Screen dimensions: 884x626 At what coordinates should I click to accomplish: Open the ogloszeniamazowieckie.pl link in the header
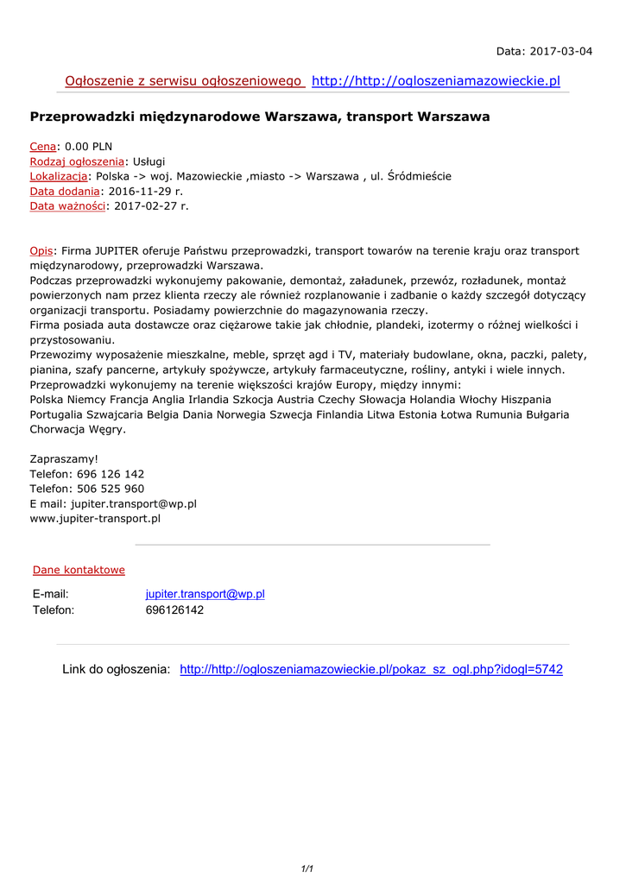[435, 81]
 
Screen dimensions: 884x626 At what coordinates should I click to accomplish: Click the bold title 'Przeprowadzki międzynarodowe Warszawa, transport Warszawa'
[260, 117]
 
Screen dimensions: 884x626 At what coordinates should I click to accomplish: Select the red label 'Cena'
[43, 147]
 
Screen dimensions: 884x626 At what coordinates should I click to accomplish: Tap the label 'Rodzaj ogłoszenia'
[77, 161]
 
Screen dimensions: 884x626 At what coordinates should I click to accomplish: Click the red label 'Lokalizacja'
[59, 176]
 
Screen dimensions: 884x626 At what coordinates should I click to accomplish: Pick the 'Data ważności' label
[67, 205]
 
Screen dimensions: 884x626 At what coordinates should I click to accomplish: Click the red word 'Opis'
[41, 250]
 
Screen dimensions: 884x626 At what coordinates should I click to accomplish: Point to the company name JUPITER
[121, 250]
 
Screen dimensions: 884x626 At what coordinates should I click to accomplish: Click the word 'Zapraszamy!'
[64, 459]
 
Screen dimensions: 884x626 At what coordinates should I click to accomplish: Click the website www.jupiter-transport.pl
[95, 519]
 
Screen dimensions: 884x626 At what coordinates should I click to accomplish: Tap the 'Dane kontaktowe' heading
[79, 570]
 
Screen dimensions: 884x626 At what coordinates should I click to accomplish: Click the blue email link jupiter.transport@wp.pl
[205, 594]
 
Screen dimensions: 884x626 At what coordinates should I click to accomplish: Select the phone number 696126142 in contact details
[174, 610]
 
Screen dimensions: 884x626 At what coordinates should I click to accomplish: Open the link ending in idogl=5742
[370, 670]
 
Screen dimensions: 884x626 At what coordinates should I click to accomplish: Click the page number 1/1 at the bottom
[307, 869]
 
